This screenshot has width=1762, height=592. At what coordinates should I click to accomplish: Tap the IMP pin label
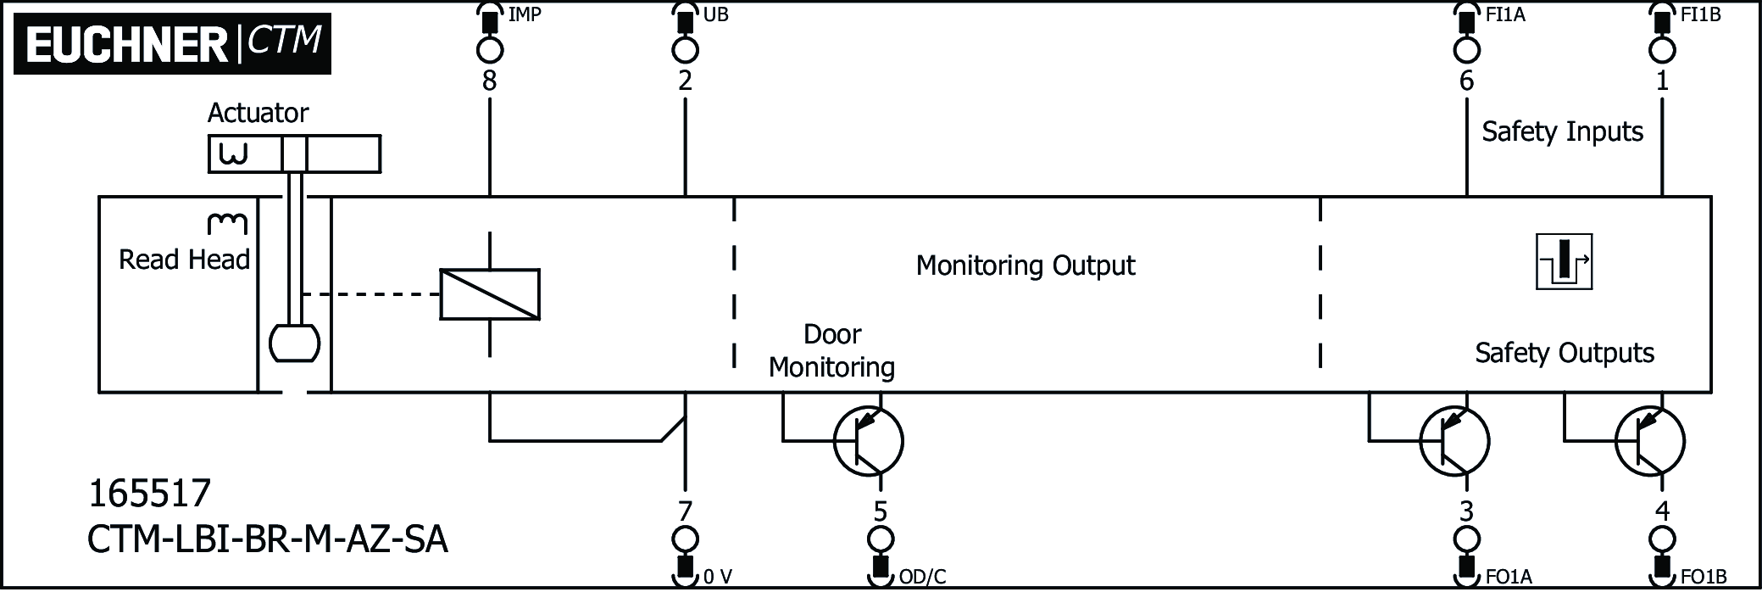[x=525, y=15]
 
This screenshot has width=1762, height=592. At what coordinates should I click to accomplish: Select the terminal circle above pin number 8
[x=489, y=50]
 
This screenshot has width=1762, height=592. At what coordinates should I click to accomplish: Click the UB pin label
[x=715, y=15]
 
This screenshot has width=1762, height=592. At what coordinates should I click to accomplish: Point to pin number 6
[x=1466, y=81]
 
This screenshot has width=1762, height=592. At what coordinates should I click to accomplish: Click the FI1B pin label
[x=1700, y=15]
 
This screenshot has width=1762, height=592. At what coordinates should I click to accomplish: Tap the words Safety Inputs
[x=1562, y=131]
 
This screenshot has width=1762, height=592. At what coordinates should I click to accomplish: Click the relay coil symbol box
[x=490, y=294]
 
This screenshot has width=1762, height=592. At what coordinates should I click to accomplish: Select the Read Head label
[x=184, y=260]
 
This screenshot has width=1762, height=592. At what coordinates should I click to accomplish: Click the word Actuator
[x=258, y=113]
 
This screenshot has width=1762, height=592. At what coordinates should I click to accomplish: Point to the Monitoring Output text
[x=1025, y=265]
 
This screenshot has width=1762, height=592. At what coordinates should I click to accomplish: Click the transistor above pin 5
[x=869, y=441]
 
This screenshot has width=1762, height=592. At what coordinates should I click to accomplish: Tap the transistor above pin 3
[x=1454, y=441]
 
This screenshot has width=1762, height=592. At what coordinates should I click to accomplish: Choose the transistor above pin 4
[x=1649, y=441]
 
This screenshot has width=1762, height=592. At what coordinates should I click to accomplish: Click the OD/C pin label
[x=922, y=578]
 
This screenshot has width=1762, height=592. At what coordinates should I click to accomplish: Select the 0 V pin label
[x=718, y=578]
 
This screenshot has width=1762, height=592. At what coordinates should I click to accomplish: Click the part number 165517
[x=149, y=494]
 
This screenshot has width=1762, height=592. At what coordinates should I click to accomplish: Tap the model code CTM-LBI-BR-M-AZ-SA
[x=267, y=539]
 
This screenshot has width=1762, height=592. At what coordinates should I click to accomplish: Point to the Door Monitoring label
[x=831, y=350]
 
